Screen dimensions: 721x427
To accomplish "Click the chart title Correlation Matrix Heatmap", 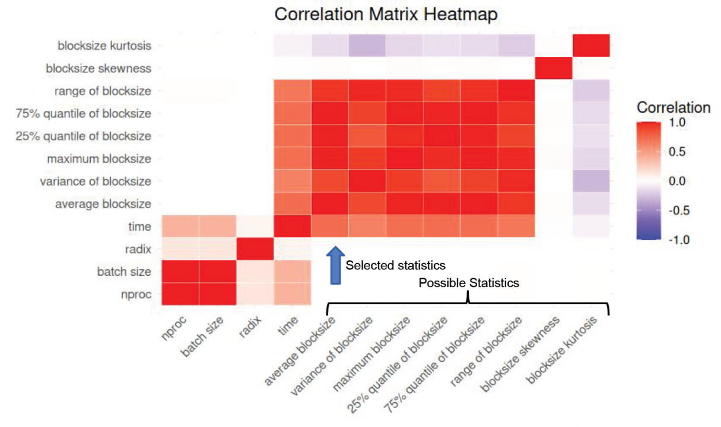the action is tap(386, 14).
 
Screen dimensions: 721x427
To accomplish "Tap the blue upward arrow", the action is tap(335, 266).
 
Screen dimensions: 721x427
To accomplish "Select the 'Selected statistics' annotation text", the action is tap(396, 266).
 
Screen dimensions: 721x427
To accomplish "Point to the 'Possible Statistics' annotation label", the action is tap(469, 283).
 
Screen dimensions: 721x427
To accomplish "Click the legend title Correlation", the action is tap(674, 107).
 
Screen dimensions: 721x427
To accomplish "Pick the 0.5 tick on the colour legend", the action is tap(677, 152).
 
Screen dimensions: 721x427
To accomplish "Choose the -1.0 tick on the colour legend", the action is tap(679, 240).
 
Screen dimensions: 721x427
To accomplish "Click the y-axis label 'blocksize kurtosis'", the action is tap(104, 46).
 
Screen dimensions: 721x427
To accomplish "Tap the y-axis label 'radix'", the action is tap(138, 249).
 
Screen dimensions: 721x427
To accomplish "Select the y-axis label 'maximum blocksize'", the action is tap(99, 158).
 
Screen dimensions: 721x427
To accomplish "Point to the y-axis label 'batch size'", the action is tap(124, 272).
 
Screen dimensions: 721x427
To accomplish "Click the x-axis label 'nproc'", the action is tap(174, 328).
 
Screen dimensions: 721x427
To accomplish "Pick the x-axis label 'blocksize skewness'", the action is tap(520, 354).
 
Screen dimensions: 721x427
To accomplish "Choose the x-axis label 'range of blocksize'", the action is tap(486, 351).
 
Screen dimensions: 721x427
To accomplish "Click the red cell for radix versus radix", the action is tap(255, 249).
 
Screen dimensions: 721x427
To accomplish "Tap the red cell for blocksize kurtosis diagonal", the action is tap(591, 46).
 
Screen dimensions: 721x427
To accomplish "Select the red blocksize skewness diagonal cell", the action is tap(554, 68).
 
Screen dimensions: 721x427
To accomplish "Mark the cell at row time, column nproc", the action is tap(180, 226).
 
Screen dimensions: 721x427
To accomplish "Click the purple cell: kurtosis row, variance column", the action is tap(367, 46).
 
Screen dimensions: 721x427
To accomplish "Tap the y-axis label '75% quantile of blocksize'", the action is tap(83, 114).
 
